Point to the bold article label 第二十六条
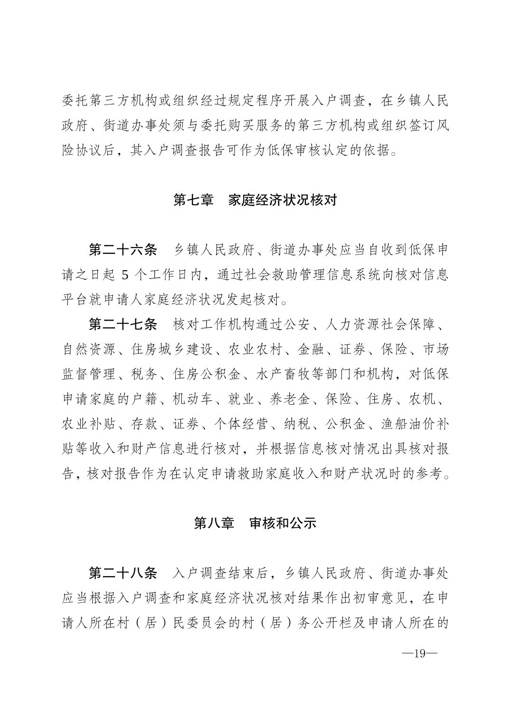click(123, 250)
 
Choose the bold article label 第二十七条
click(123, 325)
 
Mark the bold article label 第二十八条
click(123, 573)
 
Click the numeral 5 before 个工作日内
click(125, 275)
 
